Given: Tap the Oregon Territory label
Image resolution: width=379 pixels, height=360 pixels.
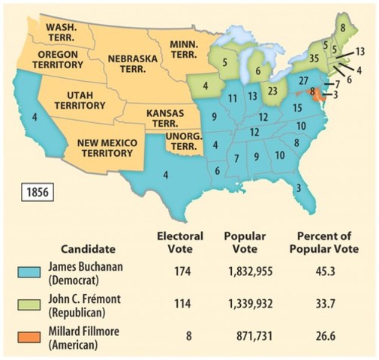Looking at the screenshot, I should (x=59, y=60).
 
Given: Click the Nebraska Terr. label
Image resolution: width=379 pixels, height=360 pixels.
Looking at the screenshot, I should (x=132, y=63).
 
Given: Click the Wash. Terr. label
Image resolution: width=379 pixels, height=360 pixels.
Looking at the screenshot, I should (x=61, y=31).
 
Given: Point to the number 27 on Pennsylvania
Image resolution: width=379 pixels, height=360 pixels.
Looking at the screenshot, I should (x=305, y=79).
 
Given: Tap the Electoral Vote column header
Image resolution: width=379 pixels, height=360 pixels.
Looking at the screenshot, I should (x=179, y=241).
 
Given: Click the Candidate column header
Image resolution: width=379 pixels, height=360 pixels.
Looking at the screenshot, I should (x=95, y=247).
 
